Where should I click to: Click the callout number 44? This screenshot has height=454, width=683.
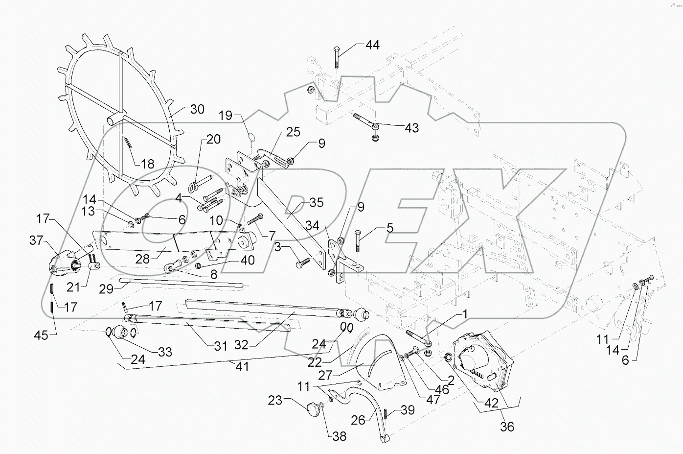pyautogui.click(x=372, y=45)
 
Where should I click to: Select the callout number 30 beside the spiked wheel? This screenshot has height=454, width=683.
pyautogui.click(x=197, y=109)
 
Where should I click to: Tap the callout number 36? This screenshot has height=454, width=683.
pyautogui.click(x=507, y=427)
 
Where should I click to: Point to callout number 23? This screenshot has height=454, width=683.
pyautogui.click(x=275, y=400)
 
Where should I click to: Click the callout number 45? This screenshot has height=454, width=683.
pyautogui.click(x=42, y=335)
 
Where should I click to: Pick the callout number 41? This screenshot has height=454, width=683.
pyautogui.click(x=242, y=366)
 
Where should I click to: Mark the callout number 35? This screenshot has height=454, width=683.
pyautogui.click(x=317, y=202)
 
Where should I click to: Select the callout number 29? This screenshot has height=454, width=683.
pyautogui.click(x=106, y=289)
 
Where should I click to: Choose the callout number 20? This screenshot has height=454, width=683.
pyautogui.click(x=213, y=139)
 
